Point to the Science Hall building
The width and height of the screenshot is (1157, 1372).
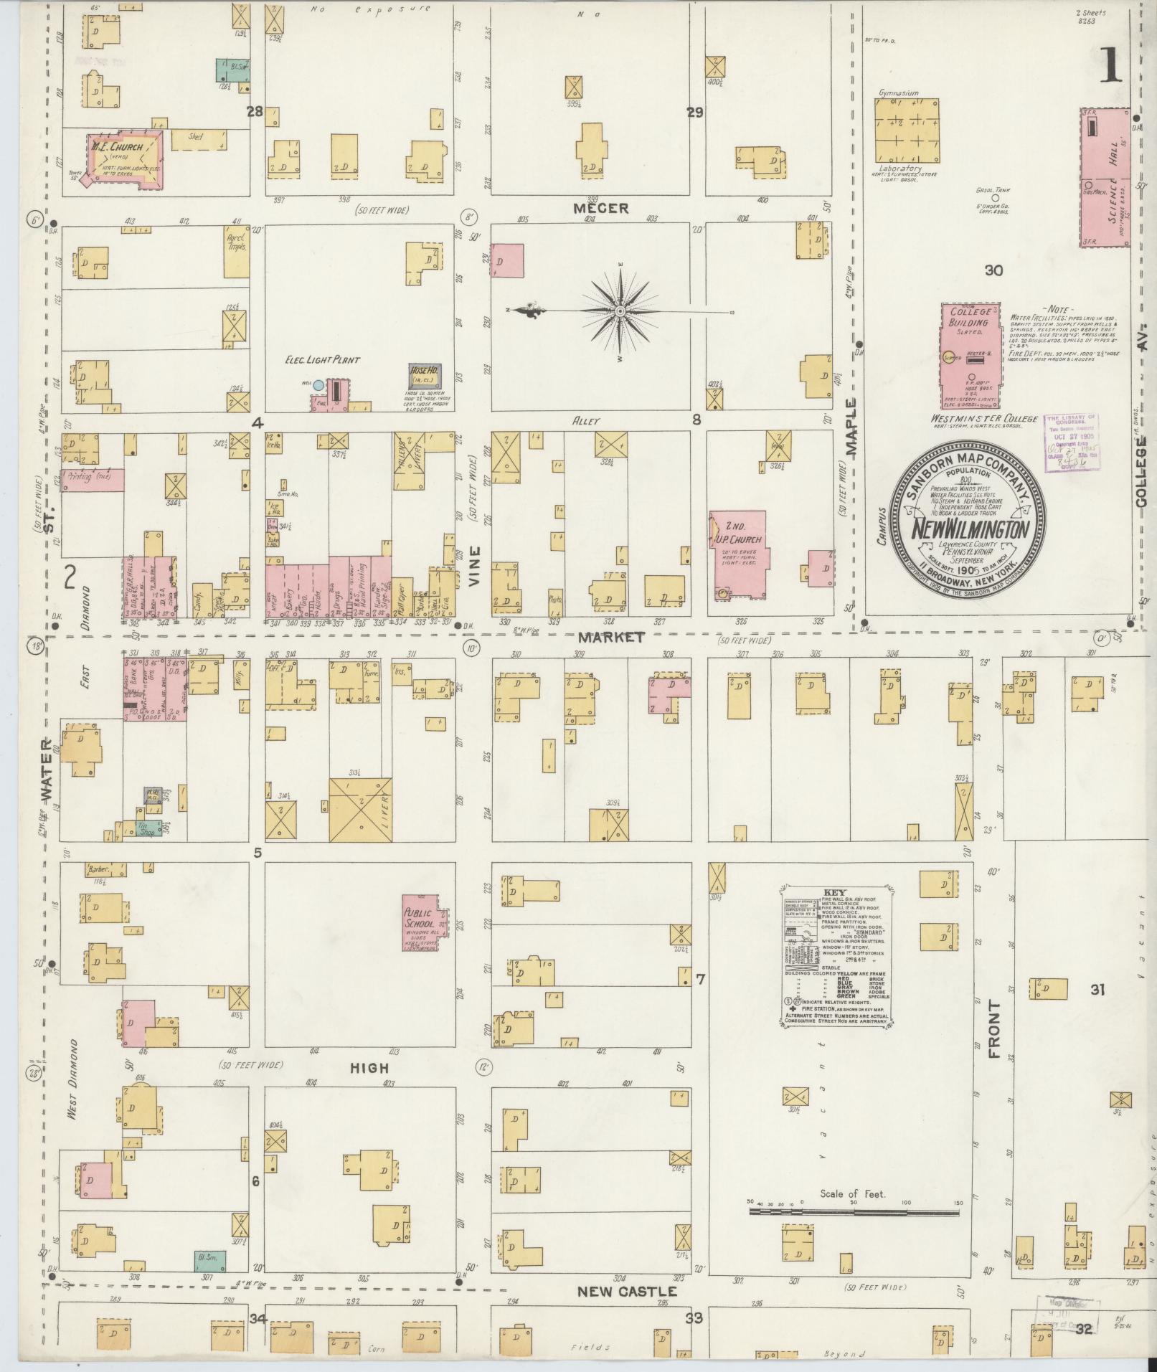[1105, 178]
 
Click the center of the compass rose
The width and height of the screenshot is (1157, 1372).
[620, 311]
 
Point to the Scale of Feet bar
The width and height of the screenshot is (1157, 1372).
[854, 1213]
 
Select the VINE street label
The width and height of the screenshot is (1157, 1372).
[473, 567]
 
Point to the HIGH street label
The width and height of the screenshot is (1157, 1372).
[370, 1068]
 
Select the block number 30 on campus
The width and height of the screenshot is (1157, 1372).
[993, 270]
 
